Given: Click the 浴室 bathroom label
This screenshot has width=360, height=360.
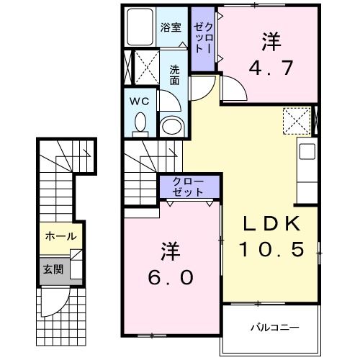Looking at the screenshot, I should (171, 27).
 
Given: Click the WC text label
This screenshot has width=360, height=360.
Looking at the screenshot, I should (138, 102).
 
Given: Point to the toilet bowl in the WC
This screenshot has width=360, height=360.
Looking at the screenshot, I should (140, 124).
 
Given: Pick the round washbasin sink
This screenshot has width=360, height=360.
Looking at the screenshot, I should (171, 127).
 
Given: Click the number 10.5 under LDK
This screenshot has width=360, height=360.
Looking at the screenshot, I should (270, 250).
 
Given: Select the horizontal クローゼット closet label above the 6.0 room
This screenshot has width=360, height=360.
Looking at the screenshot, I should (189, 187).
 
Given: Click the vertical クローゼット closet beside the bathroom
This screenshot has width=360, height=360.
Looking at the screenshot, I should (203, 40).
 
